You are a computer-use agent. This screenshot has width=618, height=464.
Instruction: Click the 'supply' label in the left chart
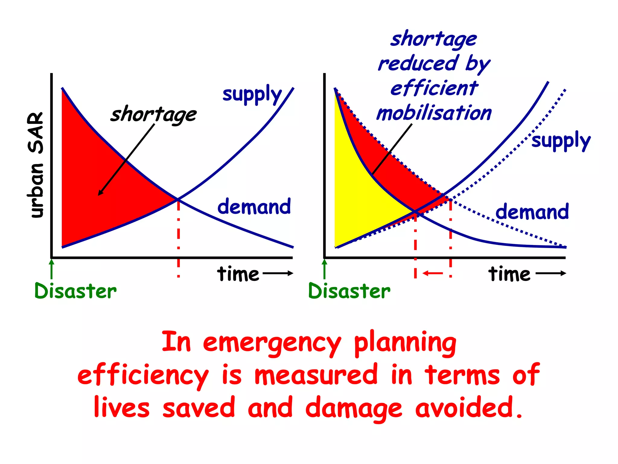coord(252,94)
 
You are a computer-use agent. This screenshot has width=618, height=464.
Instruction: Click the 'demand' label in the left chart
coord(254,207)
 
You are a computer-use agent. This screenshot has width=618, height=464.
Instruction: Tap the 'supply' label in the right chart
coord(561,141)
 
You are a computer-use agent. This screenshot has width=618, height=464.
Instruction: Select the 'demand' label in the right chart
coord(532,211)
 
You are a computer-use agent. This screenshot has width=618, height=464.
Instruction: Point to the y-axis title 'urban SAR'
coord(36,165)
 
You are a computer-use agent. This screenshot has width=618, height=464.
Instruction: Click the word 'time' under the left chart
coord(238,274)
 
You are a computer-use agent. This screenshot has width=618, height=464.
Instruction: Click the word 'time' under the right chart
coord(509,274)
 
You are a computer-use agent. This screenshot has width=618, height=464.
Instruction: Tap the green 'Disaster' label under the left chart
coord(75,291)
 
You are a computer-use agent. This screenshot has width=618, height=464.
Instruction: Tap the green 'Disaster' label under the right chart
coord(349,291)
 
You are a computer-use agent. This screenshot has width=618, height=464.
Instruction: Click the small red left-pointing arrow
coord(433,273)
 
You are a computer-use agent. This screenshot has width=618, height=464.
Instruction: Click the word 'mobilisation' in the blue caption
coord(434,114)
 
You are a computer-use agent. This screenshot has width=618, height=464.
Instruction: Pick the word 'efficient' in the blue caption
coord(434,89)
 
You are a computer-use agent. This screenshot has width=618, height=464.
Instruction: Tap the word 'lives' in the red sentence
coord(122,408)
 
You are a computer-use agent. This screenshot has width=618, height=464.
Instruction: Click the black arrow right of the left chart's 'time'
coord(278,273)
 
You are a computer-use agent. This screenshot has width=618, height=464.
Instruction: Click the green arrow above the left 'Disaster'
coord(52,269)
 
